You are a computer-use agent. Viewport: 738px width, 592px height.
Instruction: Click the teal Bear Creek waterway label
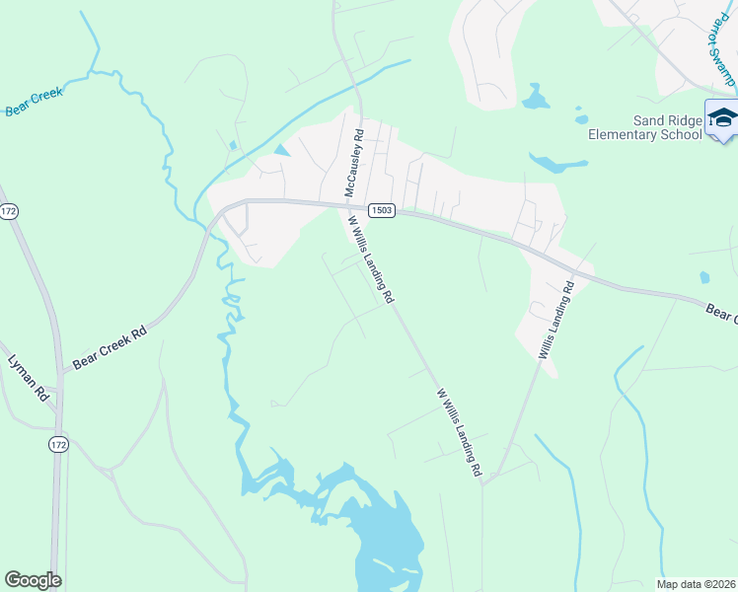tap(35, 102)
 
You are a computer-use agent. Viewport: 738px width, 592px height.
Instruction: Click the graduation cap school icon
tap(722, 117)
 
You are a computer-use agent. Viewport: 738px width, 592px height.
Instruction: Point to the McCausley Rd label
tap(354, 163)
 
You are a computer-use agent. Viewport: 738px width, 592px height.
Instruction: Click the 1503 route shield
tap(383, 210)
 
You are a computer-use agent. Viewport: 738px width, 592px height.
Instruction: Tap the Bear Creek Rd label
tap(109, 348)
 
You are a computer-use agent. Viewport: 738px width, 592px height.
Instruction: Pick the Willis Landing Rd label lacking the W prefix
tap(555, 321)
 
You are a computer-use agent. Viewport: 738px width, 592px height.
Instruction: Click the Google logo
tap(33, 580)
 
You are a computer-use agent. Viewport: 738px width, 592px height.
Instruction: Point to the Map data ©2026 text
tap(697, 583)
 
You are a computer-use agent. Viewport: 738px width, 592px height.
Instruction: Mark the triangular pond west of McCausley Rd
tap(283, 151)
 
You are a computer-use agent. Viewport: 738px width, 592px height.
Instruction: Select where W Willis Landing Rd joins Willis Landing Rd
tap(484, 481)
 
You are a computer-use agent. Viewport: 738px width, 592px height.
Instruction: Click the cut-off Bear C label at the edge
tap(721, 313)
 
